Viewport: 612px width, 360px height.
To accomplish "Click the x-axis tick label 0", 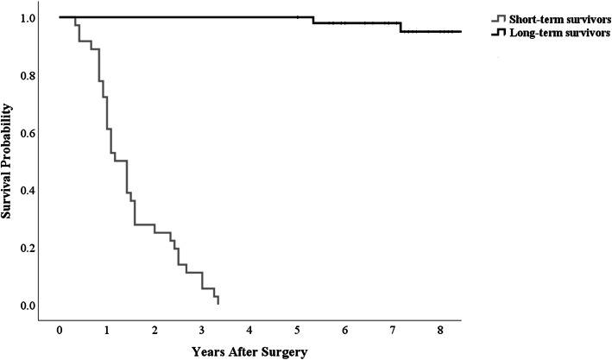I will (60, 331).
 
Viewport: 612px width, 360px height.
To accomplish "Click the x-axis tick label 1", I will (107, 331).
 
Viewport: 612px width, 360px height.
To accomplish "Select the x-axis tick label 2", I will (155, 331).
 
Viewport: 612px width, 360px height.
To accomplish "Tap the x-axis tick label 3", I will (202, 331).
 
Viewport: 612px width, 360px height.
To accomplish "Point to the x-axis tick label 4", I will (249, 331).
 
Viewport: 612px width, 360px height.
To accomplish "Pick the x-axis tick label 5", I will (297, 331).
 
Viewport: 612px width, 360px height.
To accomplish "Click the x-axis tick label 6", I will (344, 331).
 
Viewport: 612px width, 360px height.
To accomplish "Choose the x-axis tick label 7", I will (392, 331).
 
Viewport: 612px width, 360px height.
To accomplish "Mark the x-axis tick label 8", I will (439, 331).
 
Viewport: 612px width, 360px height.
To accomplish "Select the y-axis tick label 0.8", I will (28, 75).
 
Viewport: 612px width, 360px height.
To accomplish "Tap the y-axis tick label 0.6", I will (28, 133).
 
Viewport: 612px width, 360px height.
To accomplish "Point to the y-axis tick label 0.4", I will (28, 190).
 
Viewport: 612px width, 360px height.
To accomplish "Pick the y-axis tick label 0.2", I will (28, 248).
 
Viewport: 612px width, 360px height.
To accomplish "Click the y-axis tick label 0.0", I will (28, 305).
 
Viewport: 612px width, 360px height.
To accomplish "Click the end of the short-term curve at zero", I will (218, 304).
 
